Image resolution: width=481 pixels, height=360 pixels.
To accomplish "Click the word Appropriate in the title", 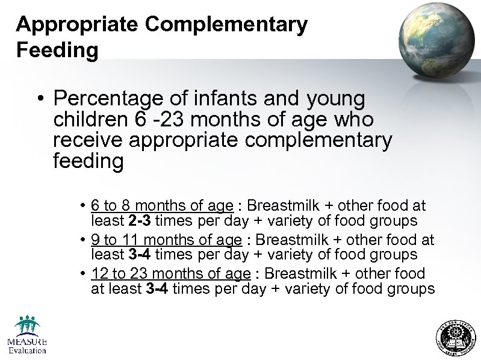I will (x=77, y=25).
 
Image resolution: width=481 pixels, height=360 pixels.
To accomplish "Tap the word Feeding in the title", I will (x=57, y=50).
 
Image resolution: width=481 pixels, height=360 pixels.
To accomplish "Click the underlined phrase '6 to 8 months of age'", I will (x=162, y=206).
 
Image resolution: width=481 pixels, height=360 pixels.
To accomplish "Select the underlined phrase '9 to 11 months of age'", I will (x=166, y=240).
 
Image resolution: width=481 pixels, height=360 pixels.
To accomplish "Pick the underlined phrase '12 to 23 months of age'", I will (x=170, y=274).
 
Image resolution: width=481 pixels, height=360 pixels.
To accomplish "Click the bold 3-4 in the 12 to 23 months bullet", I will (x=157, y=289).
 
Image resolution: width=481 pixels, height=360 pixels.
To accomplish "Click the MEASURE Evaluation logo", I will (x=26, y=335).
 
